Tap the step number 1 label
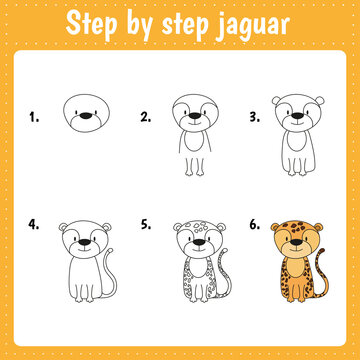click(34, 117)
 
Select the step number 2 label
click(145, 117)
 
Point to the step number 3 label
click(255, 117)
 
